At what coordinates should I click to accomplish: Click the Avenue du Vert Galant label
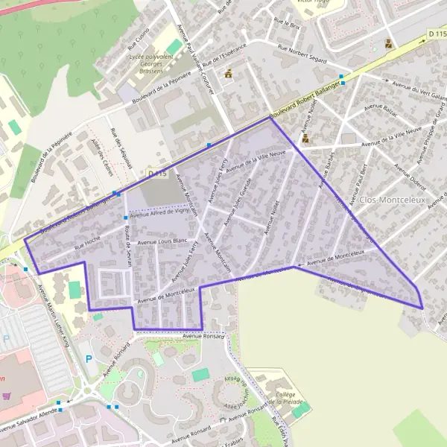407,92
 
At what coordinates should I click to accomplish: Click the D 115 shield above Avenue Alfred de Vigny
156,174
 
